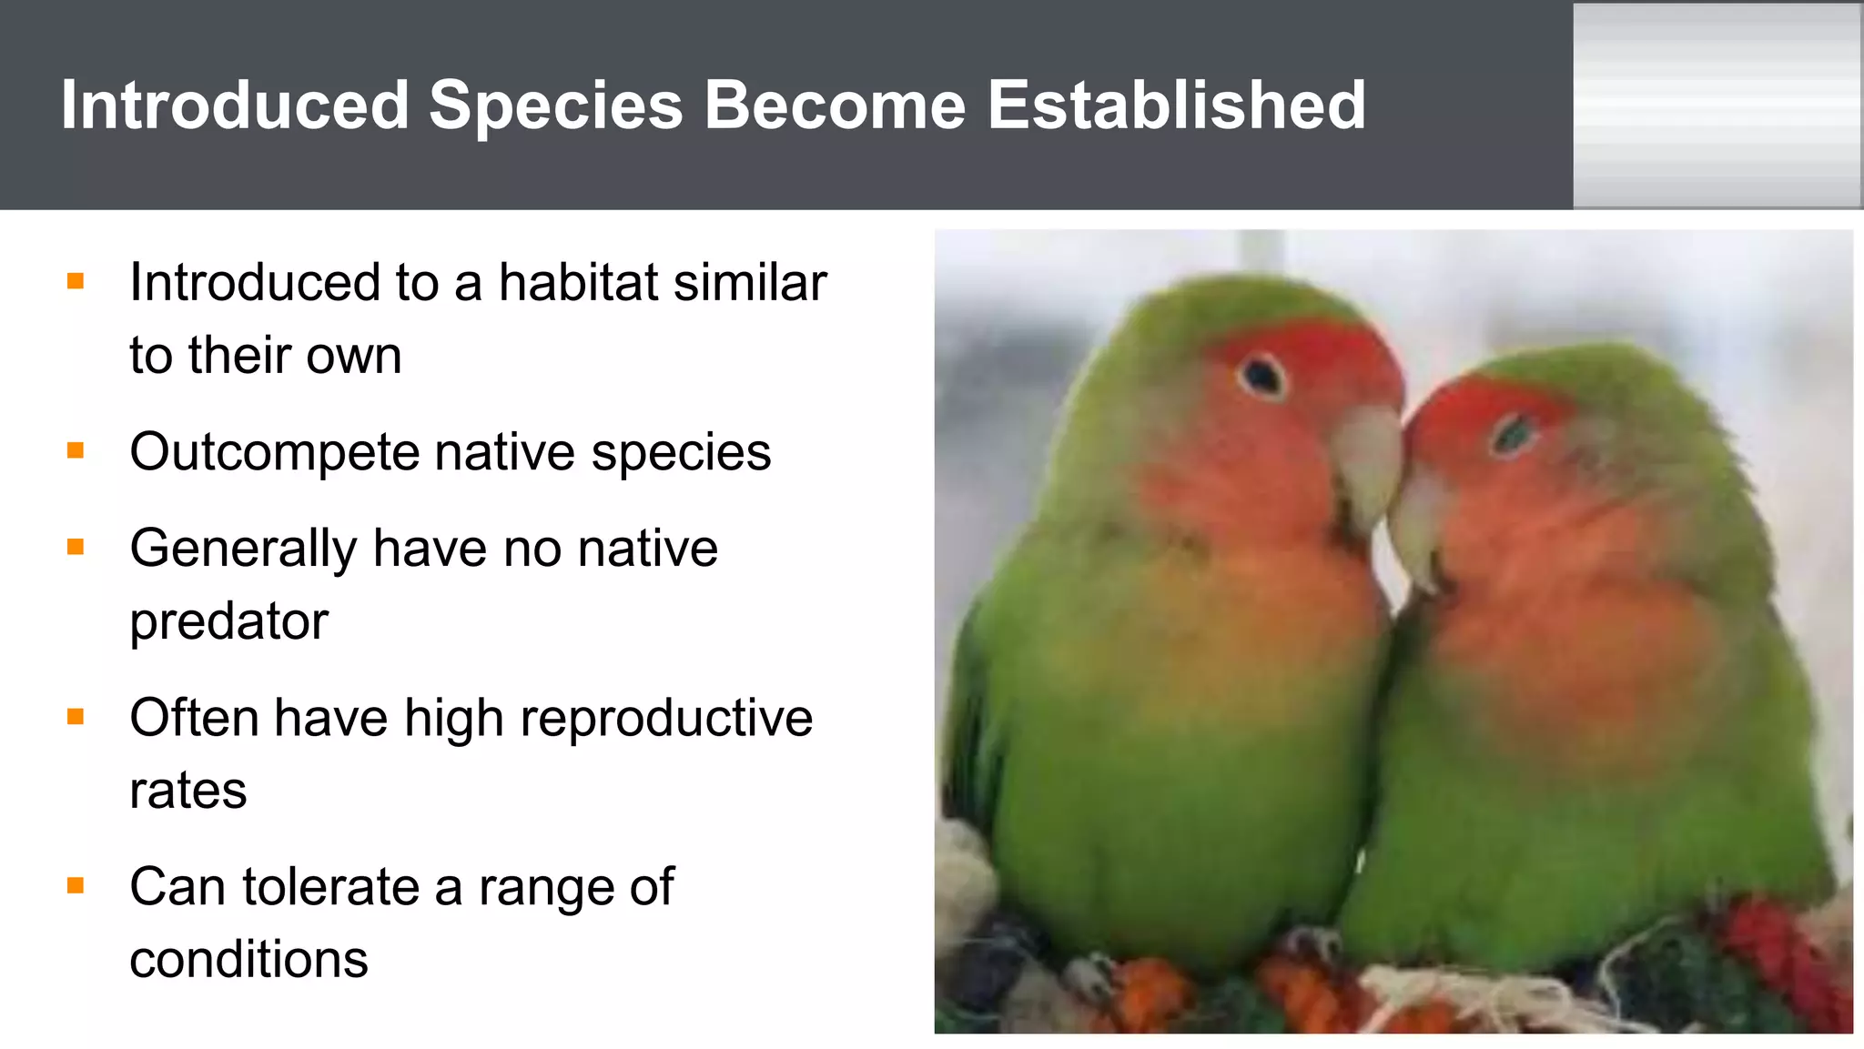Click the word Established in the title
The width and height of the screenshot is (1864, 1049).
click(1176, 106)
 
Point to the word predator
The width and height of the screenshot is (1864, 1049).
click(228, 622)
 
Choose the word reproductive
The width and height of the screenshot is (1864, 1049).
click(666, 718)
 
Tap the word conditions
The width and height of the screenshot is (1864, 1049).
click(248, 960)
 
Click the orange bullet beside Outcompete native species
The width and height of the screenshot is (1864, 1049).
click(76, 450)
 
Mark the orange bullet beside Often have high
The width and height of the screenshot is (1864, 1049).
click(76, 717)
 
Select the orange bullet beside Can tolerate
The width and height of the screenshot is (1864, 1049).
click(76, 885)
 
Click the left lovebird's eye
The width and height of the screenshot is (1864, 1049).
click(1261, 375)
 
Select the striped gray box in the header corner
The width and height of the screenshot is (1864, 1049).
click(1717, 106)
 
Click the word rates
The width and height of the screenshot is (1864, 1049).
click(187, 791)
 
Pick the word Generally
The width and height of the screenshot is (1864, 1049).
click(243, 550)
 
